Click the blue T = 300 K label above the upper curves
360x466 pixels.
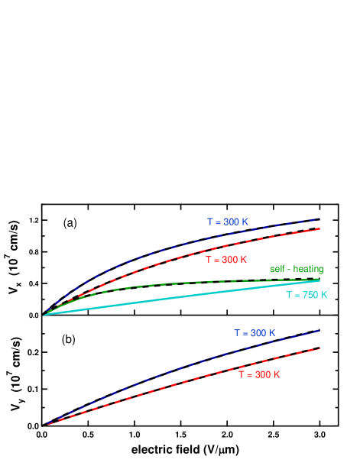coord(228,222)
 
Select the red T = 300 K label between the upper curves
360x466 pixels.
coord(226,260)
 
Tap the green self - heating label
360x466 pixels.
coord(297,269)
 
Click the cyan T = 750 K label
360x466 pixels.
coord(306,295)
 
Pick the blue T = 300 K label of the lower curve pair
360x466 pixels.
coord(255,333)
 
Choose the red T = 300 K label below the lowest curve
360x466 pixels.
coord(259,375)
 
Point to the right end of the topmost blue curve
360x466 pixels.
coord(319,218)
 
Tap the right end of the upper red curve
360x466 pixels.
coord(319,228)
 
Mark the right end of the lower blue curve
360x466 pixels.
coord(319,330)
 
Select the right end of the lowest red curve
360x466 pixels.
coord(319,348)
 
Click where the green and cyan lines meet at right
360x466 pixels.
coord(319,280)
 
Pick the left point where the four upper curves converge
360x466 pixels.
coord(45,314)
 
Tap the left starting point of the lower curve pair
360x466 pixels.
coord(47,423)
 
